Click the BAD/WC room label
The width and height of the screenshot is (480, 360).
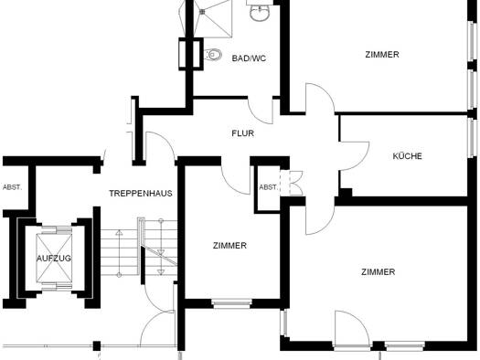[249, 58]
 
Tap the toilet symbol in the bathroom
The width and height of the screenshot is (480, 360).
[212, 55]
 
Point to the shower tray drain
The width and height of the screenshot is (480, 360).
[202, 12]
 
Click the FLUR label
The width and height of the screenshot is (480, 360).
[243, 133]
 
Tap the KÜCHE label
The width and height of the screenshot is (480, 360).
[407, 156]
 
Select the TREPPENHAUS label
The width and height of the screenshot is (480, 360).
[141, 194]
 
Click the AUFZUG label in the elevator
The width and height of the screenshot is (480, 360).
[54, 259]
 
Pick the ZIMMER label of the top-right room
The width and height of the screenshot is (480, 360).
[382, 55]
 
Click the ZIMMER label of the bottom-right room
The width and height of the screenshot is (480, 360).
[379, 272]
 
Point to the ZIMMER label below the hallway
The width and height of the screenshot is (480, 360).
[229, 246]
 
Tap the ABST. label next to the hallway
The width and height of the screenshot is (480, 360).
[268, 187]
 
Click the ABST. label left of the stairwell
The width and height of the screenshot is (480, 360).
[12, 187]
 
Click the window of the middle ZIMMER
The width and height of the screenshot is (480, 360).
[231, 303]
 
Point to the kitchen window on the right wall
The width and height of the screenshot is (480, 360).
[473, 138]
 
